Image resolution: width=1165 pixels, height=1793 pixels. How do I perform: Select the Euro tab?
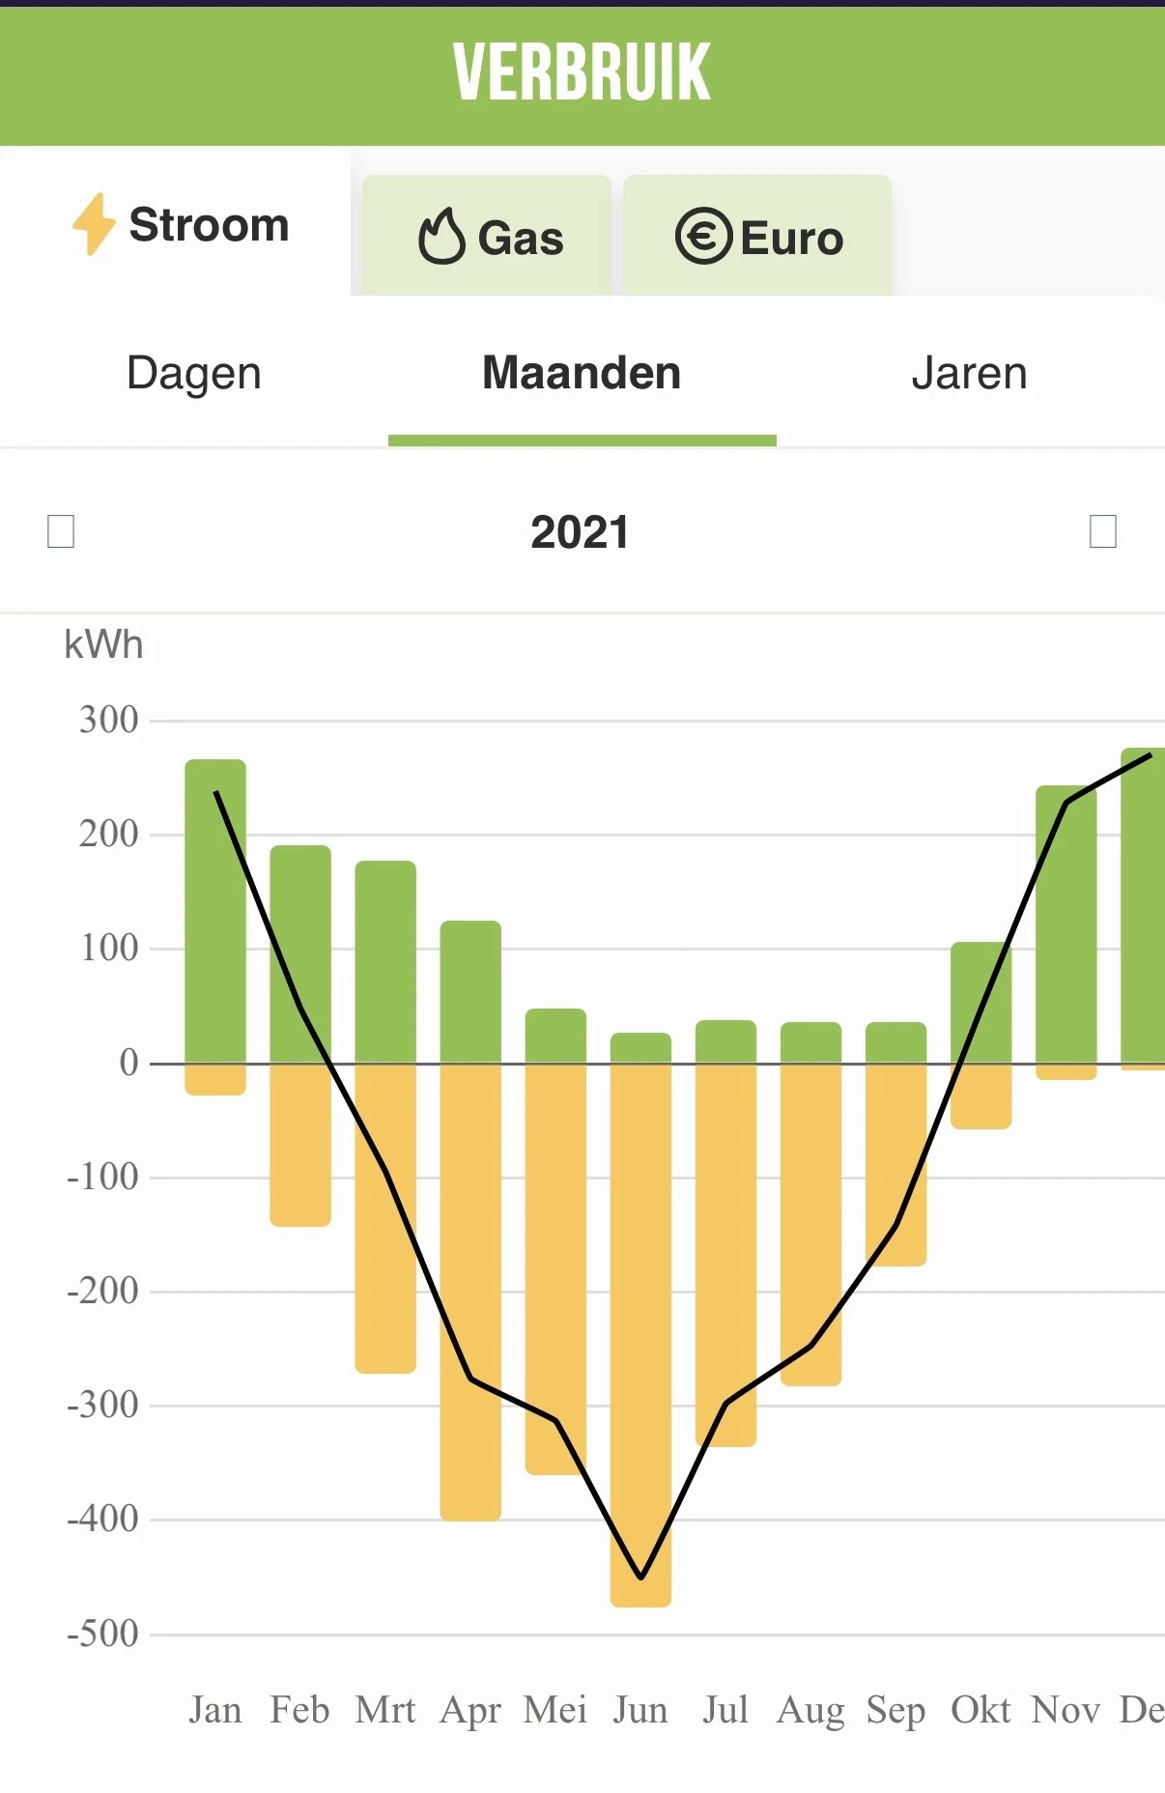tap(759, 238)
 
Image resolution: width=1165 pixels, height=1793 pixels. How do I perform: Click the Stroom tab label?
tap(209, 225)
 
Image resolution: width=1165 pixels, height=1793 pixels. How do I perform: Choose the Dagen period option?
tap(194, 374)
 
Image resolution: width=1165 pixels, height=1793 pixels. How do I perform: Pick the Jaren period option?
tap(969, 374)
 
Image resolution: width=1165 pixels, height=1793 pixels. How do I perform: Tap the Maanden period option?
tap(582, 374)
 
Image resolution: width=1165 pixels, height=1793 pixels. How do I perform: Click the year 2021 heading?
tap(580, 532)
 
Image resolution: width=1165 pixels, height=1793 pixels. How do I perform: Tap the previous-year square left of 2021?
tap(61, 531)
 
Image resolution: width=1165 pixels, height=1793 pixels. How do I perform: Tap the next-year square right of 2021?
tap(1102, 531)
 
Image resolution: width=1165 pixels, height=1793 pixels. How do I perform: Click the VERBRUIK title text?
tap(582, 72)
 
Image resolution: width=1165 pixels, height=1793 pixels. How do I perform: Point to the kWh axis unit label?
tap(103, 644)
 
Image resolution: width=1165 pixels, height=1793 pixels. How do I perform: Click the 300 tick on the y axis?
tap(108, 721)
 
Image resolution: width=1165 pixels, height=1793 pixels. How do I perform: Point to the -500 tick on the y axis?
tap(102, 1635)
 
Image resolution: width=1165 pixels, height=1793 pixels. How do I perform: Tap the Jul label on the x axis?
tap(725, 1710)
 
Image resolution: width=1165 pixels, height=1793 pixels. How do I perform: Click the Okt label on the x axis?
tap(980, 1710)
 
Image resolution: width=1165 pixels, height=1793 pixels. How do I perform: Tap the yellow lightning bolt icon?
tap(94, 224)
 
